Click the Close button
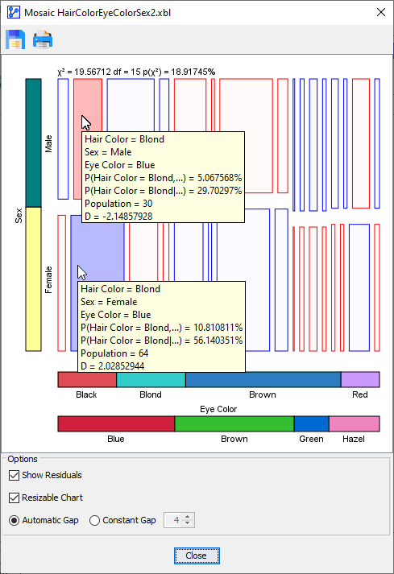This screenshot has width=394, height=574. tap(197, 555)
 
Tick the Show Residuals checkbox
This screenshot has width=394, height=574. tap(14, 475)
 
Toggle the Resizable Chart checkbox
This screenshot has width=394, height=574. tap(14, 498)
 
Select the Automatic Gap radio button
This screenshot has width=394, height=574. tap(14, 520)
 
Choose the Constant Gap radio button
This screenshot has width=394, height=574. tap(94, 520)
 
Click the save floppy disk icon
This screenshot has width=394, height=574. tap(15, 39)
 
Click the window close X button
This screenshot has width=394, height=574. tap(381, 12)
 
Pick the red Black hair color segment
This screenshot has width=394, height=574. tap(87, 380)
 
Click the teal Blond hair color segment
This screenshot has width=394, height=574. tap(151, 380)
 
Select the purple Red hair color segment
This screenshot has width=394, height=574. tap(360, 380)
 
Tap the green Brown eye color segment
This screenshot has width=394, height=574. tap(234, 424)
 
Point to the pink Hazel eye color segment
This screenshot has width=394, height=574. tap(355, 424)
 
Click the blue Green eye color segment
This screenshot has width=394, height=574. tap(312, 424)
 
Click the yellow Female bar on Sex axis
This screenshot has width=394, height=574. tap(33, 279)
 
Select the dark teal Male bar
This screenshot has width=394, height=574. tap(33, 142)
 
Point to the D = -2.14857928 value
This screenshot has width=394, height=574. tap(118, 217)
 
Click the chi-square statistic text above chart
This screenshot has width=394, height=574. tap(136, 72)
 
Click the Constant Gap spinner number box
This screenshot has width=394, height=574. tap(174, 520)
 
